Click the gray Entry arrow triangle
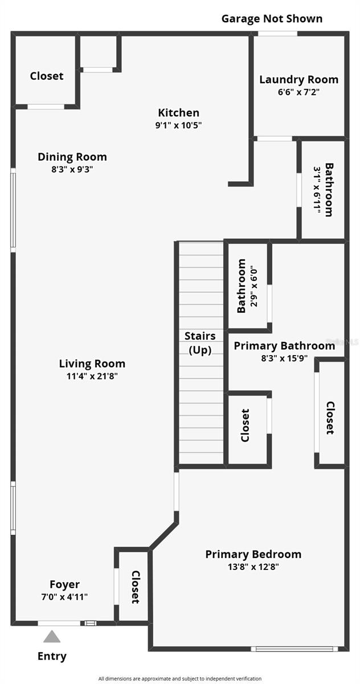click(52, 636)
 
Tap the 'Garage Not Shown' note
click(272, 19)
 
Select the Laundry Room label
click(298, 80)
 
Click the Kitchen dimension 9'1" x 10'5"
click(178, 125)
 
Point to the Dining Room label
click(72, 157)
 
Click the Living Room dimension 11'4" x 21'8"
click(92, 376)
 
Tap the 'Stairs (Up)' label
click(202, 343)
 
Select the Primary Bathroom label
click(284, 345)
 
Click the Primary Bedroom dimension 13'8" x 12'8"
click(253, 567)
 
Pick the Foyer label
click(64, 584)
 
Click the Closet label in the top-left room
click(47, 76)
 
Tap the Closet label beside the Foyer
click(136, 587)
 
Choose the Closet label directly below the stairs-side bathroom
click(246, 425)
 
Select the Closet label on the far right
click(330, 418)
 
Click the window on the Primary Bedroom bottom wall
click(294, 648)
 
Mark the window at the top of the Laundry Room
click(277, 34)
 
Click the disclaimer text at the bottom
click(180, 678)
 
